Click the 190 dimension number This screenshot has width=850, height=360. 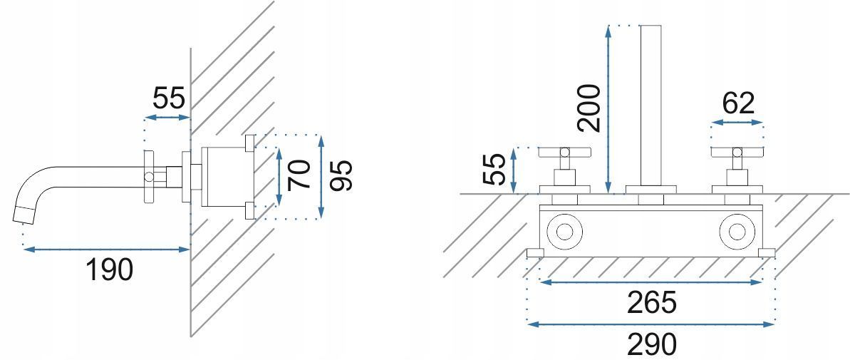109,269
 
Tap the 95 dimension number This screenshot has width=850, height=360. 341,175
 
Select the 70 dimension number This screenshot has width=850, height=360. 300,175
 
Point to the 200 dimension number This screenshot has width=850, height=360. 589,108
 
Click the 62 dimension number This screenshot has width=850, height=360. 738,103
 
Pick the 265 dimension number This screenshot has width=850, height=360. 652,302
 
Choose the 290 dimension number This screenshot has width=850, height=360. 652,344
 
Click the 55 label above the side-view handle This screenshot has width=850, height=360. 169,98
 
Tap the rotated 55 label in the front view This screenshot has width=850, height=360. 494,169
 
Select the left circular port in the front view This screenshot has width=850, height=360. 565,232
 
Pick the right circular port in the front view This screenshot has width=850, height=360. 737,232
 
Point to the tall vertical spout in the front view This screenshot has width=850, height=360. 651,106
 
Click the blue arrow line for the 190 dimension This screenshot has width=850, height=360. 106,250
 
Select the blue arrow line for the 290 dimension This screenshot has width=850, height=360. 651,324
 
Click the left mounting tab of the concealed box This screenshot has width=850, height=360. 536,252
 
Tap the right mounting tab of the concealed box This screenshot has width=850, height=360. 767,252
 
